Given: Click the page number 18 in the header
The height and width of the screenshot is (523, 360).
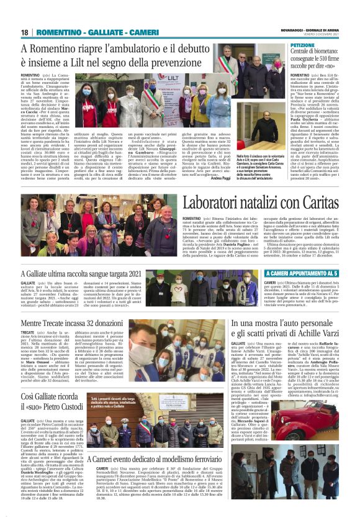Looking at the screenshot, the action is pyautogui.click(x=24, y=32).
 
